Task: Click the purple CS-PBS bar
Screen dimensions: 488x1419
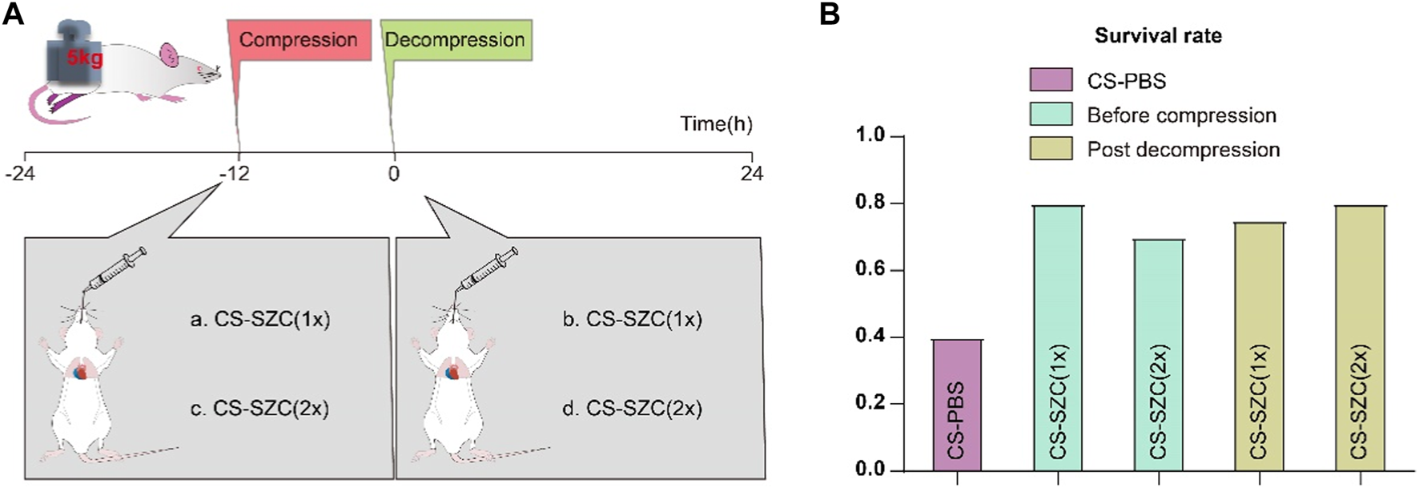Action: click(958, 405)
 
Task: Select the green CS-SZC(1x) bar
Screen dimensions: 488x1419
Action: click(1058, 337)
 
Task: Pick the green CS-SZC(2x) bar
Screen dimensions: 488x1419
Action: click(1159, 354)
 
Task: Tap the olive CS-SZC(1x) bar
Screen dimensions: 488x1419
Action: click(1260, 346)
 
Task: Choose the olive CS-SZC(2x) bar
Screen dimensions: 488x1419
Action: click(1361, 337)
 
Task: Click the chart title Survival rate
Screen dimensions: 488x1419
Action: click(1158, 35)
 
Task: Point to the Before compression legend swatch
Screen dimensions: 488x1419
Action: click(1050, 115)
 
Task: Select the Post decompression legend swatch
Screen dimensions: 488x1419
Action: click(1050, 149)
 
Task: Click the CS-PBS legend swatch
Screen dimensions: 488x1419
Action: click(1050, 80)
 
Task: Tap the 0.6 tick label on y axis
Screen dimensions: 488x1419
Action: click(870, 270)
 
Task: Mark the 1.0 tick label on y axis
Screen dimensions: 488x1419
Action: click(870, 136)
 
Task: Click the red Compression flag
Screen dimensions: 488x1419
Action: click(298, 40)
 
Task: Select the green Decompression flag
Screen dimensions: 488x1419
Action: click(455, 40)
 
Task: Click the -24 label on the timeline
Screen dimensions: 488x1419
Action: click(20, 172)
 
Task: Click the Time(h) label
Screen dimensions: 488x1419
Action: click(716, 124)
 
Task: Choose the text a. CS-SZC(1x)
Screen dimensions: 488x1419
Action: click(260, 319)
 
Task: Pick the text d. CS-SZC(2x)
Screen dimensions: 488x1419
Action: click(632, 409)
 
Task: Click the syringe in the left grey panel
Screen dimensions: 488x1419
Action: click(117, 271)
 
